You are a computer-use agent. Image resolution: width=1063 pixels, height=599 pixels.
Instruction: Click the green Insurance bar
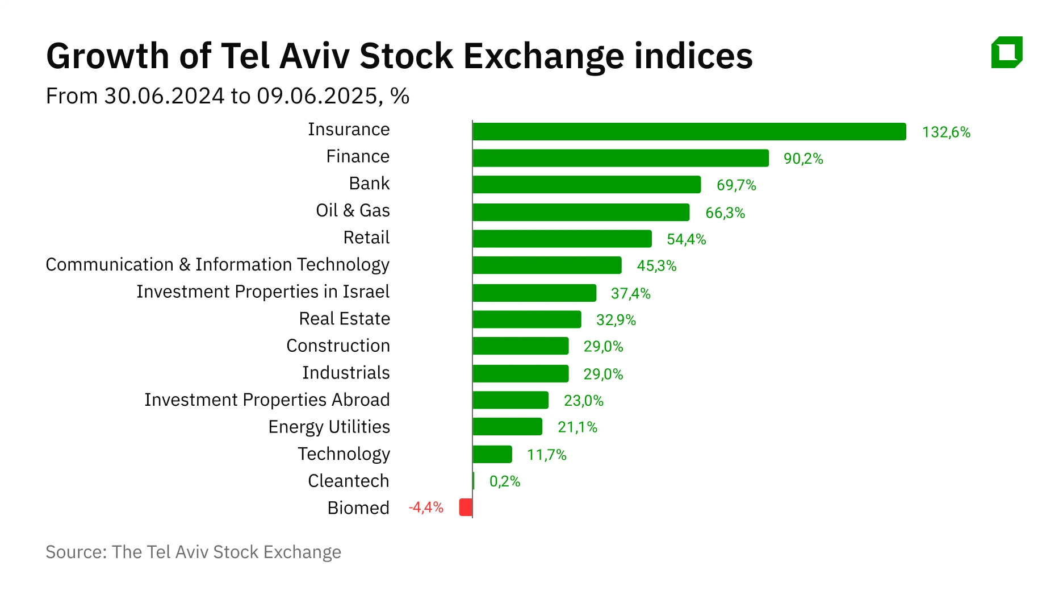pos(689,131)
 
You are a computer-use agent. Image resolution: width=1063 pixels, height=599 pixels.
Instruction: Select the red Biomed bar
pos(466,507)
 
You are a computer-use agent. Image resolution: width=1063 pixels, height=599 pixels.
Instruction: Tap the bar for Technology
pos(492,454)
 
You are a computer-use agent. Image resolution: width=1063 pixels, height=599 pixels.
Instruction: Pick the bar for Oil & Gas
pos(581,212)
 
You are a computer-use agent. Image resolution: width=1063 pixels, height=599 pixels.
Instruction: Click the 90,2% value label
pos(803,159)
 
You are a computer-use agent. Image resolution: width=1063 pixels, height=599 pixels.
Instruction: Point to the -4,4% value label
pos(426,507)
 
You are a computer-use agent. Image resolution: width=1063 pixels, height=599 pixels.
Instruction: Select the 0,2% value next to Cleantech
pos(504,481)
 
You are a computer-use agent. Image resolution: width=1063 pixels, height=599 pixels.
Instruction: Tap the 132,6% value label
pos(946,132)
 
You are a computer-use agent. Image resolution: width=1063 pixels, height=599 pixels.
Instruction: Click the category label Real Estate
pos(344,318)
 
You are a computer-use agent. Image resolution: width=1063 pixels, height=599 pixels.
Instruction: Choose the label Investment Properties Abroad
pos(267,400)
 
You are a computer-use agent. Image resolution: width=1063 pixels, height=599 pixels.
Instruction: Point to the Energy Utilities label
pos(329,426)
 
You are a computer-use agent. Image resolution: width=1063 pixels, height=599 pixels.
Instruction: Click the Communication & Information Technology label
pos(217,264)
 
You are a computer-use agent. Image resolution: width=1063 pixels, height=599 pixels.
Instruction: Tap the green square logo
pos(1007,52)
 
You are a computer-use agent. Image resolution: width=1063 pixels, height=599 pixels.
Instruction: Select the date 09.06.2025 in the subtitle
pos(316,96)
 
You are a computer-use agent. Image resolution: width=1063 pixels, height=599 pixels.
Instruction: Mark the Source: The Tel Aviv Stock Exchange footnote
pos(193,552)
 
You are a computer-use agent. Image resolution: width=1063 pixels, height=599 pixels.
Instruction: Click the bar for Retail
pos(562,239)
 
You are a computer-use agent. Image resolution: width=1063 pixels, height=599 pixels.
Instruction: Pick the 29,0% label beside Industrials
pos(603,374)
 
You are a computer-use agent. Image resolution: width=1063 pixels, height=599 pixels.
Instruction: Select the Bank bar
pos(587,185)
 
